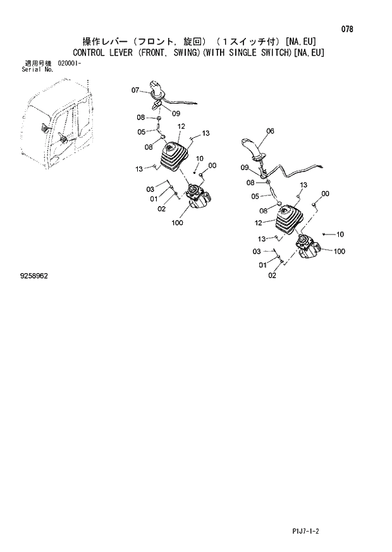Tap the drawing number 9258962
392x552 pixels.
pyautogui.click(x=34, y=276)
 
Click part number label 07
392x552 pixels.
pyautogui.click(x=135, y=90)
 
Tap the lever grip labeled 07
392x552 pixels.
pyautogui.click(x=157, y=90)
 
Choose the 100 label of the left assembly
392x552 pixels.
pyautogui.click(x=177, y=223)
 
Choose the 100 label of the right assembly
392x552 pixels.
pyautogui.click(x=339, y=251)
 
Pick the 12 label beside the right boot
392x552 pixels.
pyautogui.click(x=258, y=223)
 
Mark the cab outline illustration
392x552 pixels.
pyautogui.click(x=54, y=130)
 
